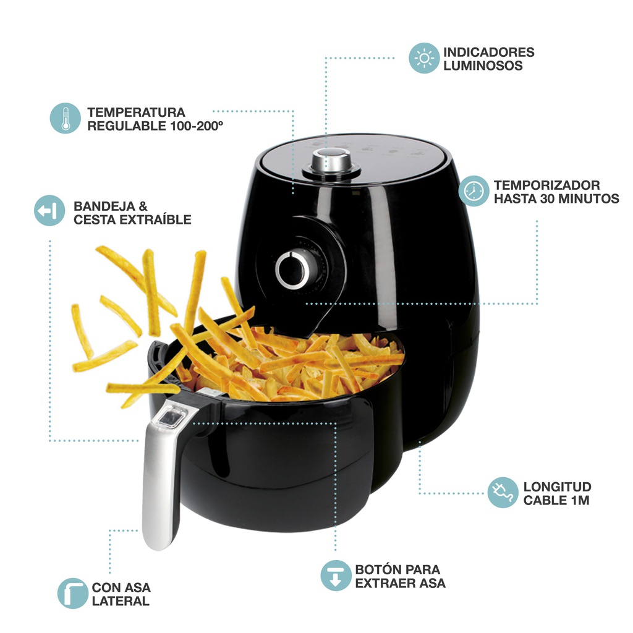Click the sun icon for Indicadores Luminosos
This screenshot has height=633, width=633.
[x=424, y=58]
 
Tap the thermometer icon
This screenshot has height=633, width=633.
[x=65, y=118]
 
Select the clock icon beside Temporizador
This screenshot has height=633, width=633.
[x=474, y=191]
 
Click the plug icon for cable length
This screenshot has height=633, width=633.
[x=503, y=493]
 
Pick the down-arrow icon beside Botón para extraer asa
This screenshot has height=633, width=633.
[x=336, y=576]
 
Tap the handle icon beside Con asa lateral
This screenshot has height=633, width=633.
[x=73, y=593]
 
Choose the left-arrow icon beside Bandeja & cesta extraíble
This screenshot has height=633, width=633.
[x=49, y=210]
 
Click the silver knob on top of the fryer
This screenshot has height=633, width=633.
[x=332, y=163]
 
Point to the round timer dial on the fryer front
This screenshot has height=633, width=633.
[x=292, y=270]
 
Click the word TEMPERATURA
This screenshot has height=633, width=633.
[x=136, y=113]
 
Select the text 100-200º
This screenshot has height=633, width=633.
[x=197, y=126]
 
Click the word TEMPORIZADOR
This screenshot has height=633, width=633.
[x=546, y=185]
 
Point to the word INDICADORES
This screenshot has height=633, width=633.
[x=488, y=52]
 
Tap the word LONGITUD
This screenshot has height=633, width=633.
[x=557, y=487]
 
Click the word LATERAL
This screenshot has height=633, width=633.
[x=121, y=601]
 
